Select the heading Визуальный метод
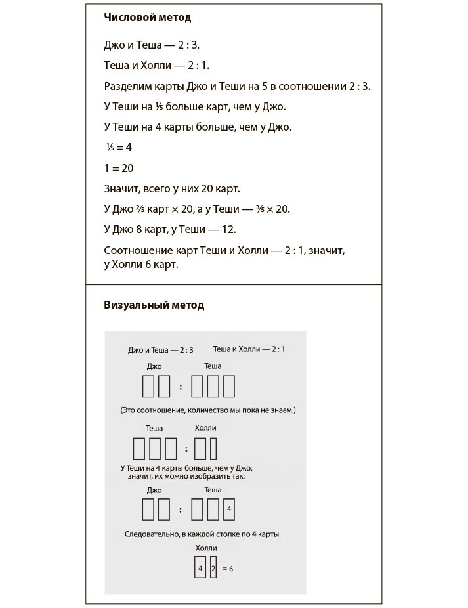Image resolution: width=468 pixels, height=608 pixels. coord(154,305)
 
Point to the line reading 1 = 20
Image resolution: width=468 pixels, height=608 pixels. coord(119,168)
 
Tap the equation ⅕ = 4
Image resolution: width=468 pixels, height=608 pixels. coord(119,148)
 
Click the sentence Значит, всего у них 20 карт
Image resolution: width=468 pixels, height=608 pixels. coord(172,188)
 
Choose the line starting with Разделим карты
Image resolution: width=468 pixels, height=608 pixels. coord(237,86)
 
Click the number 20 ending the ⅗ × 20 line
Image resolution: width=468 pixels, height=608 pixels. coord(283,209)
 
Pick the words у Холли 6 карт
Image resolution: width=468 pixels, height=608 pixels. coord(141,265)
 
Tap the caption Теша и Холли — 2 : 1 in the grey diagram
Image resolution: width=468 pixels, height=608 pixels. coord(249,349)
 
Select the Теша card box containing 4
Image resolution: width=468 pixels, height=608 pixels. coord(228,510)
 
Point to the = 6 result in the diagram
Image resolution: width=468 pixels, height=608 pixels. coord(228,568)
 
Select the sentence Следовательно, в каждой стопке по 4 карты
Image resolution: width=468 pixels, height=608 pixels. coord(203,534)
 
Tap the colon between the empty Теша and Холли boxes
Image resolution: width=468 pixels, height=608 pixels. coord(186,450)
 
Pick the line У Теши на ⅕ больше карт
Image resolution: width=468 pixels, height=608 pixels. coord(195,106)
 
